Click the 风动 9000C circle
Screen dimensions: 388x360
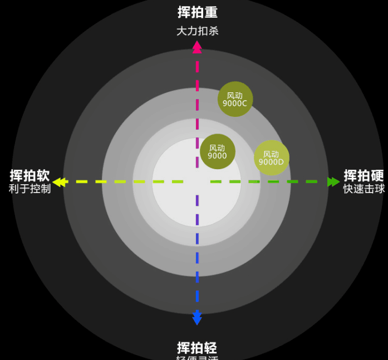coord(235,99)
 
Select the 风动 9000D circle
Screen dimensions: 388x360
coord(272,158)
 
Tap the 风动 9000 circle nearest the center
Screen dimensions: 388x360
coord(218,151)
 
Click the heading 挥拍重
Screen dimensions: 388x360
coord(197,12)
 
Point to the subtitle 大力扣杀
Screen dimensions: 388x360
coord(197,31)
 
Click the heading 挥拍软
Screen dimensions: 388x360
coord(30,176)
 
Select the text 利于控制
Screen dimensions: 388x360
coord(30,189)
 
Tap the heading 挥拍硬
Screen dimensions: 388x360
coord(364,176)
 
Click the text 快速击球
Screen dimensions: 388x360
coord(364,189)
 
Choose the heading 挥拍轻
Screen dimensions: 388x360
coord(197,348)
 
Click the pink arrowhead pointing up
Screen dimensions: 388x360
coord(197,46)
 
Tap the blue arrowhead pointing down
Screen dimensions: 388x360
coord(197,318)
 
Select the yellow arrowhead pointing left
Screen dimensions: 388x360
coord(58,182)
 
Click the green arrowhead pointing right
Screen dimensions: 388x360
coord(333,182)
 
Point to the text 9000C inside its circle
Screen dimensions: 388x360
coord(235,103)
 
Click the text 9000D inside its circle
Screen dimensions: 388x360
coord(271,162)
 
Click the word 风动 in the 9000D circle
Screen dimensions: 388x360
coord(271,154)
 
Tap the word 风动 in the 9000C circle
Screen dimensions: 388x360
coord(235,95)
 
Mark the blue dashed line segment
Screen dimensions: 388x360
coord(197,267)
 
